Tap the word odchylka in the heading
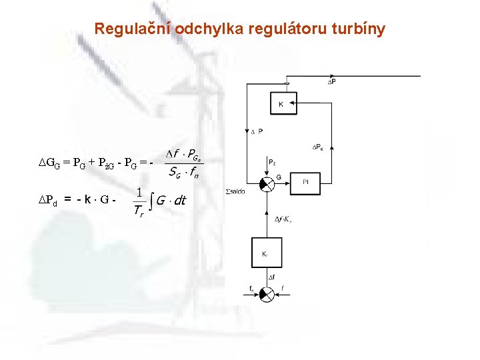pos(208,29)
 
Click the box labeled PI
pos(305,181)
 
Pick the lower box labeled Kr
pos(265,253)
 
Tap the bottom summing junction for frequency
pos(266,293)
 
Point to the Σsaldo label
pos(234,191)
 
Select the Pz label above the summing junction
pos(272,161)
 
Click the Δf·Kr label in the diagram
pos(283,218)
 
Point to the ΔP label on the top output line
pos(331,81)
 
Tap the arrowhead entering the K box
pos(295,104)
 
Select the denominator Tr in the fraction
pos(138,212)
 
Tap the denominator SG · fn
pos(185,173)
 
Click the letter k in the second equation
pos(87,199)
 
